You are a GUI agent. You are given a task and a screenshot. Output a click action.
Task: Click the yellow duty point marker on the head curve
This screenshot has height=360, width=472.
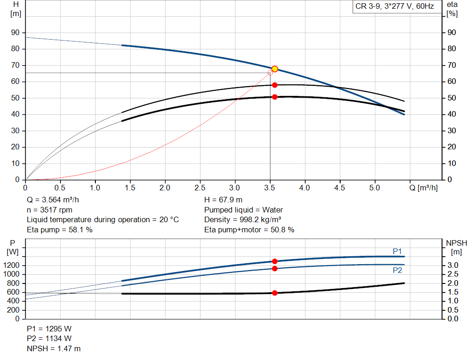275,69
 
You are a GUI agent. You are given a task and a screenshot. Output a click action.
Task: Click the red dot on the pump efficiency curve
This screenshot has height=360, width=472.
275,85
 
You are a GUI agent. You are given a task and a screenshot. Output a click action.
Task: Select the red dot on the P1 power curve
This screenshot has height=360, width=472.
275,261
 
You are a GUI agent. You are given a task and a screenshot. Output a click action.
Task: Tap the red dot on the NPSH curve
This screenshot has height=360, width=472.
275,293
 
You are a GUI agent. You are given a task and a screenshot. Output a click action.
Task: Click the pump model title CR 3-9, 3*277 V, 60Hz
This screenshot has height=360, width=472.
394,6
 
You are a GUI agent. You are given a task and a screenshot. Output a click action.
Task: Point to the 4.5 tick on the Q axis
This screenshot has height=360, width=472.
339,188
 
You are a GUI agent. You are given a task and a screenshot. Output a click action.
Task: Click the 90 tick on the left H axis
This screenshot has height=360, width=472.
16,33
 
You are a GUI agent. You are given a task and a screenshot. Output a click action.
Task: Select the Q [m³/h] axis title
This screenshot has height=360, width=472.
423,188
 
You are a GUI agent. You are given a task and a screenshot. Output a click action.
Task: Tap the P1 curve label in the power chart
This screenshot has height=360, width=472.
397,251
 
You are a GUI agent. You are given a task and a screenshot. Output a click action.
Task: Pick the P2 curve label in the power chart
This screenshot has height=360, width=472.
397,270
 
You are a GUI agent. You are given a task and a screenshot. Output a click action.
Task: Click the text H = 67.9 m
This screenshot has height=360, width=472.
223,200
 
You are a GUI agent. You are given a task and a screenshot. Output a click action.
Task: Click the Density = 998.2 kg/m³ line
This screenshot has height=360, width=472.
243,219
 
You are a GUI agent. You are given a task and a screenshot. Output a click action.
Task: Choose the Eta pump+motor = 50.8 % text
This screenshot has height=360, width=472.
249,230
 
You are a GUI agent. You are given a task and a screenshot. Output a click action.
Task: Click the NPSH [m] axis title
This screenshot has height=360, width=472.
456,247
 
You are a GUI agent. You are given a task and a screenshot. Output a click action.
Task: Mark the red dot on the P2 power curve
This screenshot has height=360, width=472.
275,268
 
